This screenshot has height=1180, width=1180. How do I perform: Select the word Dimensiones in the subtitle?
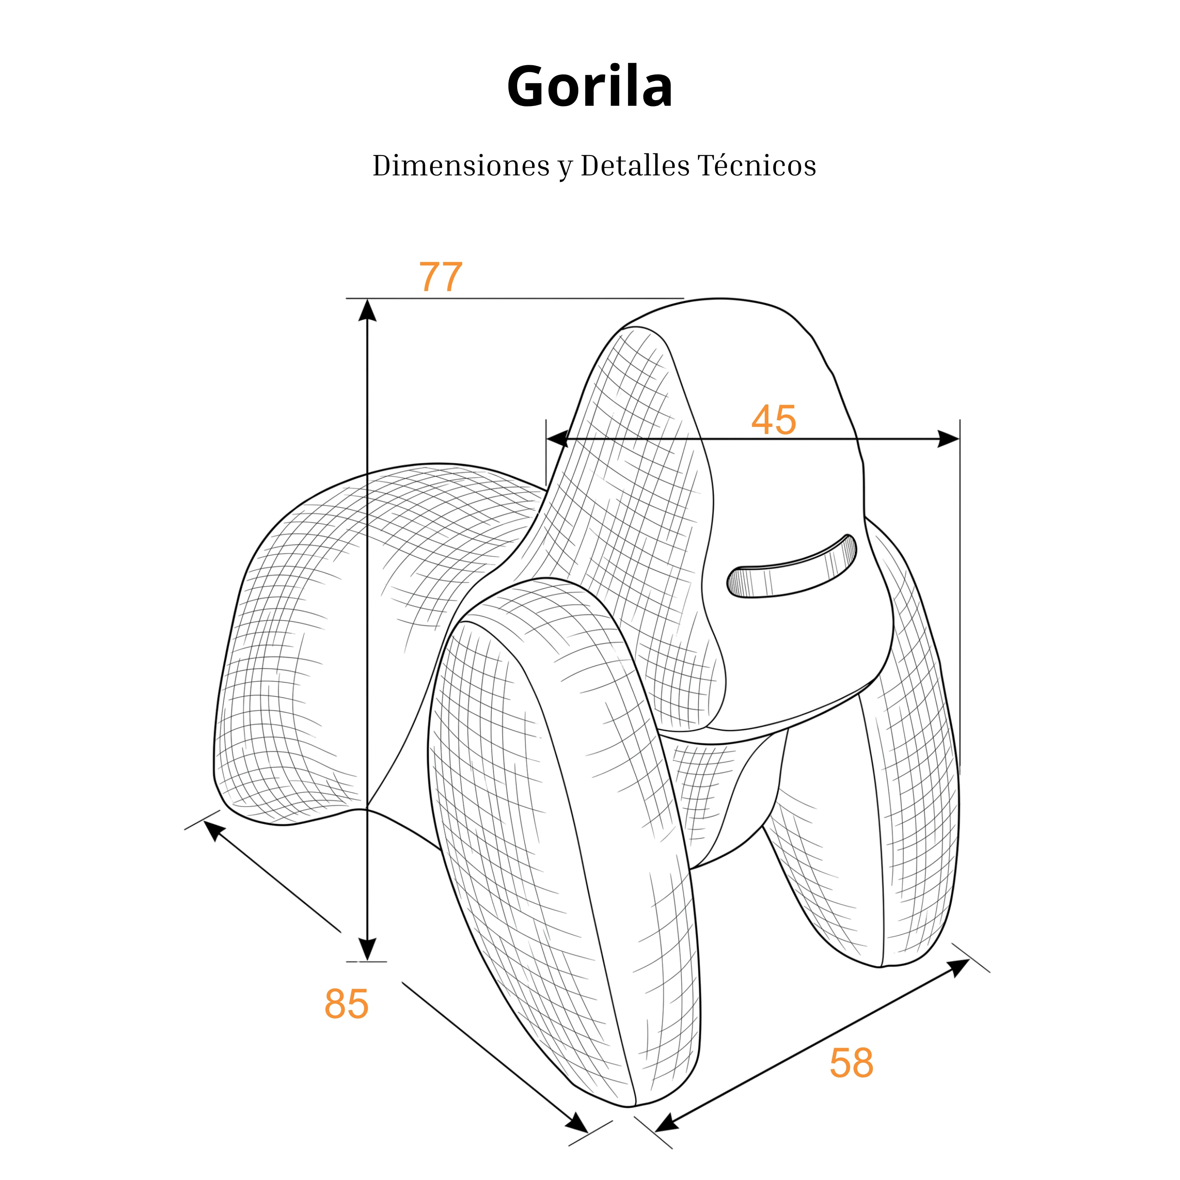point(461,166)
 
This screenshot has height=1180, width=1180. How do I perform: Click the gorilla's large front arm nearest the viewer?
point(565,843)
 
